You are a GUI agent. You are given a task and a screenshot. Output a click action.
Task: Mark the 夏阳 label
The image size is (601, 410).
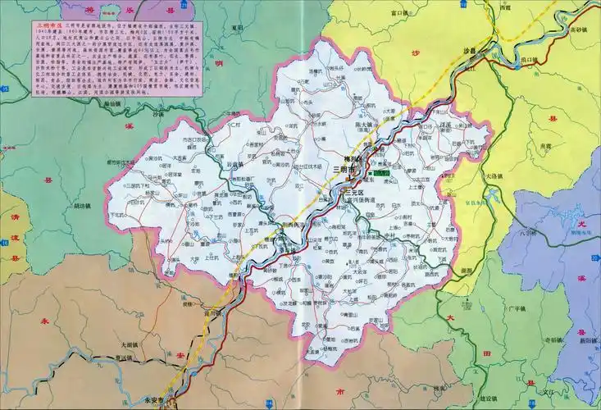[x=238, y=28]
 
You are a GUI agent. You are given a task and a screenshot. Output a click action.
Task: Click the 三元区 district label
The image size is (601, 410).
[x=342, y=194]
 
